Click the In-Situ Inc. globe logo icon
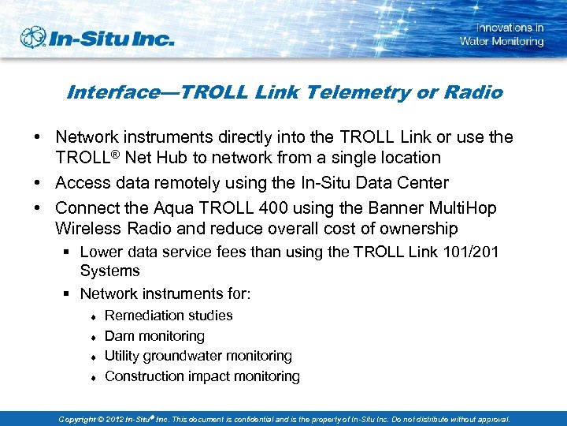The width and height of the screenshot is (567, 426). click(33, 38)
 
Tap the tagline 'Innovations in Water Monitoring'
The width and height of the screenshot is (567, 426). click(502, 35)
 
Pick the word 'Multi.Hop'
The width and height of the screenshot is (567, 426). click(459, 207)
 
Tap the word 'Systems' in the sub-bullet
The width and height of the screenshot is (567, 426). click(109, 271)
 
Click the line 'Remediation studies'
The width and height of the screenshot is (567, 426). click(169, 316)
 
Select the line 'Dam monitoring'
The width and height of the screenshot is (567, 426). click(154, 336)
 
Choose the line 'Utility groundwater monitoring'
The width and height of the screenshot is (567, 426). click(198, 356)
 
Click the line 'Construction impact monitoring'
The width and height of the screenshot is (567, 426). click(202, 376)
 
